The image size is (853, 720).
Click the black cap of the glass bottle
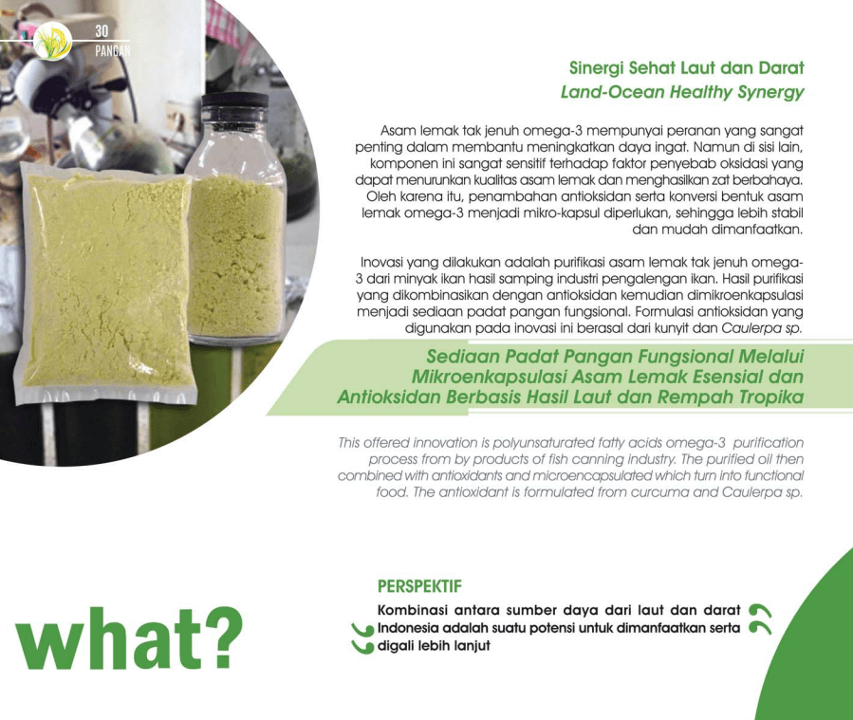point(234,100)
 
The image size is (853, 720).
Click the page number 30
point(102,31)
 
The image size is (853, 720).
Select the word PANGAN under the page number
point(113,50)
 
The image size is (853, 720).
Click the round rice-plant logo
point(52,42)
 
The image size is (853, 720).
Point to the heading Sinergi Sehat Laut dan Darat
point(687,68)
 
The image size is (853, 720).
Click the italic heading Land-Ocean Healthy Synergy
point(682,92)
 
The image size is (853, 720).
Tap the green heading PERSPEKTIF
point(419,586)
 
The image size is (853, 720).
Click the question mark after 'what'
point(224,637)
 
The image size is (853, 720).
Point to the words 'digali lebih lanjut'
point(434,646)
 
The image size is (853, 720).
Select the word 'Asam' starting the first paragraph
point(398,131)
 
